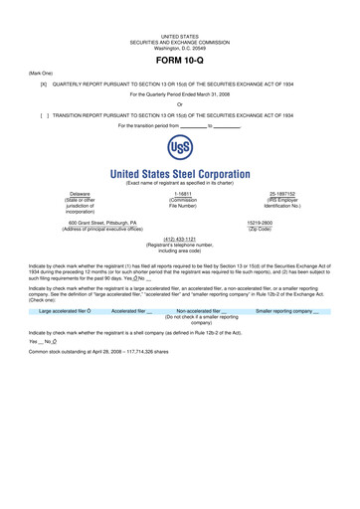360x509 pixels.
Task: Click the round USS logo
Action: coord(179,150)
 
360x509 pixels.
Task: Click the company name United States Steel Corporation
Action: coord(179,173)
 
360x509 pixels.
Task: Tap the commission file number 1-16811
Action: coord(179,193)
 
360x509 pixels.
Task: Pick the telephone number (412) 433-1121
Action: coord(179,239)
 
